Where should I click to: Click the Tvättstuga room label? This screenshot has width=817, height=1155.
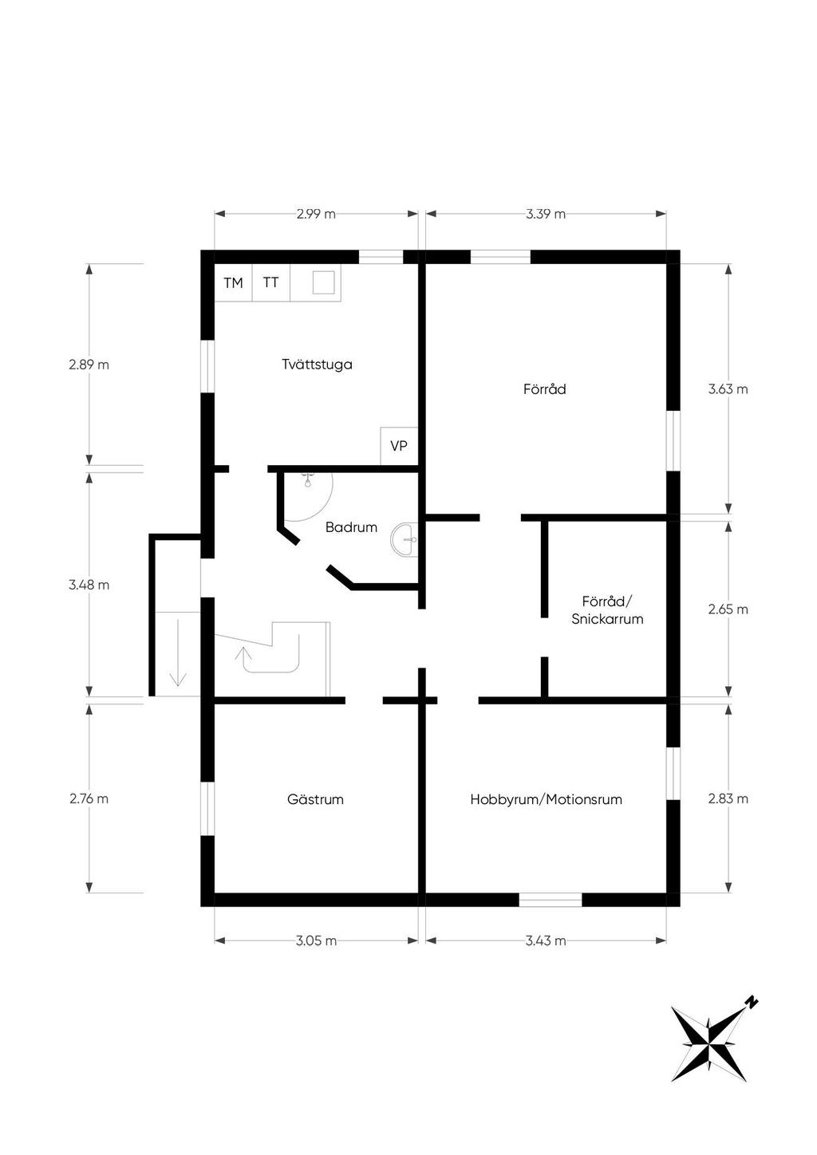tap(317, 364)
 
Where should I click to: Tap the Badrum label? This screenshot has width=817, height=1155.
tap(351, 527)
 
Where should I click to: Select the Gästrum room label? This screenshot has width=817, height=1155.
tap(315, 799)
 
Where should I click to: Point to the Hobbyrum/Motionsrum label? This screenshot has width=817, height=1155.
tap(546, 799)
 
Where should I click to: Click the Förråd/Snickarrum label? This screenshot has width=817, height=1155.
tap(607, 610)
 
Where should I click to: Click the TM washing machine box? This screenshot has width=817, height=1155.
tap(233, 282)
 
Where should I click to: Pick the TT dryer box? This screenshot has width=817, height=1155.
tap(270, 282)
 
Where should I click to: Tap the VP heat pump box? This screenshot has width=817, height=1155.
tap(399, 446)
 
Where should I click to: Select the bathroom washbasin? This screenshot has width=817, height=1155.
tap(405, 540)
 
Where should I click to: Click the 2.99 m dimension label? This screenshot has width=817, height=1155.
tap(316, 214)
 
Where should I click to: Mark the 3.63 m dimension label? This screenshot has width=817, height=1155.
tap(728, 388)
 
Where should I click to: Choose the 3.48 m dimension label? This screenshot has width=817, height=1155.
tap(89, 585)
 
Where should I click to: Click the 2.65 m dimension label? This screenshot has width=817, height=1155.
tap(728, 609)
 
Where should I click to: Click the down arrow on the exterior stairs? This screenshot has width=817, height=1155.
tap(178, 652)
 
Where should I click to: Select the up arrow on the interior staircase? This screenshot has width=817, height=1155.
tap(243, 654)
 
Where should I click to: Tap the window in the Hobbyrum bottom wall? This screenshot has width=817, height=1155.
tap(551, 899)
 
